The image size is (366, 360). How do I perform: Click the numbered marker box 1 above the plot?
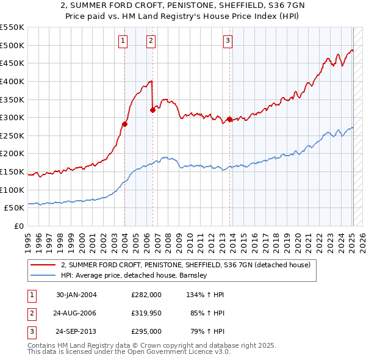(123, 41)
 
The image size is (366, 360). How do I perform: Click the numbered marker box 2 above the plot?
(151, 41)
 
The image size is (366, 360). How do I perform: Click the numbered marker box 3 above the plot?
(228, 41)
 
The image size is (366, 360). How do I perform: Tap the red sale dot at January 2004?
(124, 124)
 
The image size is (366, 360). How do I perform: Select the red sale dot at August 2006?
(152, 110)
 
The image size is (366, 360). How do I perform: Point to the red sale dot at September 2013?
(229, 120)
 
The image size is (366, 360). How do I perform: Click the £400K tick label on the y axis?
(12, 81)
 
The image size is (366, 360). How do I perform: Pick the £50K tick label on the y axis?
(14, 208)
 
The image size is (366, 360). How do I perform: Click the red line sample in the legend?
(43, 265)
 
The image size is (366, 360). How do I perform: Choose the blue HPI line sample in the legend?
(43, 275)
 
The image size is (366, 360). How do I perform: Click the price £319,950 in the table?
(146, 313)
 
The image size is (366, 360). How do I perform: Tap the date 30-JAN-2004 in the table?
(76, 295)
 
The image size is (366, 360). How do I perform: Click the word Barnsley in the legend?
(193, 275)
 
